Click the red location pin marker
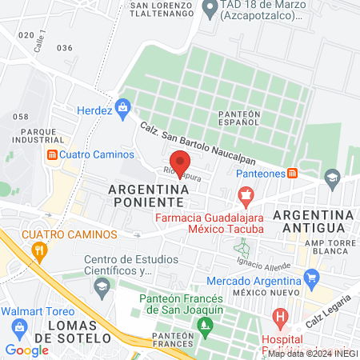pyautogui.click(x=180, y=161)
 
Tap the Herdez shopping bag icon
pyautogui.click(x=122, y=106)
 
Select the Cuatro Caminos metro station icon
pyautogui.click(x=51, y=154)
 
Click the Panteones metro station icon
pyautogui.click(x=293, y=173)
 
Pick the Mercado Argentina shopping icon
pyautogui.click(x=312, y=280)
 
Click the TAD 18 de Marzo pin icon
pyautogui.click(x=211, y=10)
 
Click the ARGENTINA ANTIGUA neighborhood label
pyautogui.click(x=313, y=223)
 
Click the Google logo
pyautogui.click(x=26, y=350)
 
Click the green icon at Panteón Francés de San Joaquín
pyautogui.click(x=207, y=324)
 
